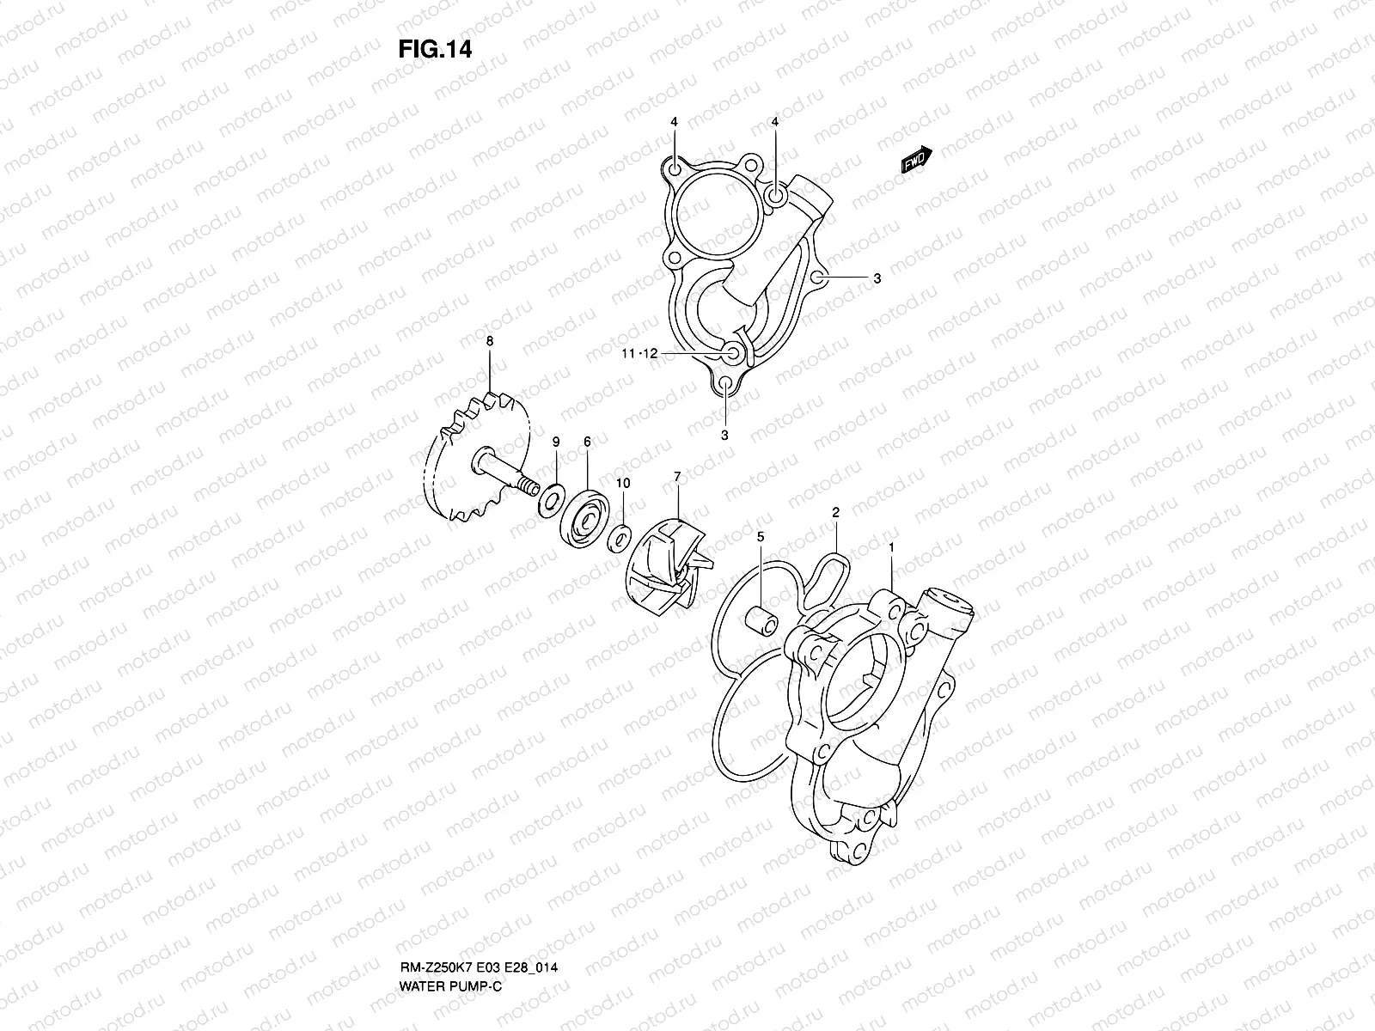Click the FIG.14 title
pyautogui.click(x=435, y=50)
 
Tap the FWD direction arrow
pyautogui.click(x=916, y=160)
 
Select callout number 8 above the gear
pyautogui.click(x=490, y=341)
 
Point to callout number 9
pyautogui.click(x=556, y=441)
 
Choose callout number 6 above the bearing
pyautogui.click(x=587, y=441)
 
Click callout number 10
pyautogui.click(x=623, y=484)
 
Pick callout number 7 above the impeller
pyautogui.click(x=677, y=475)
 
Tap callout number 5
pyautogui.click(x=761, y=537)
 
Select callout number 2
pyautogui.click(x=835, y=512)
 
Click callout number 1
pyautogui.click(x=892, y=546)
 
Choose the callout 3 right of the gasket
pyautogui.click(x=877, y=278)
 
